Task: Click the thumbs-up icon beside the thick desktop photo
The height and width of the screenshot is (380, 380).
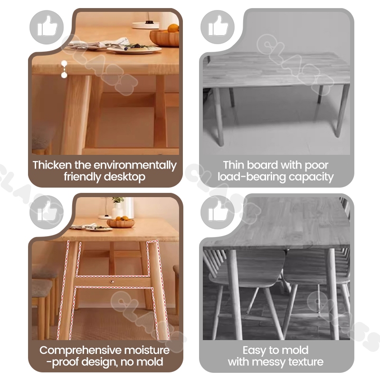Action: (x=47, y=27)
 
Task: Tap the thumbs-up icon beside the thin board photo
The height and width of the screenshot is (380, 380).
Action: (x=218, y=27)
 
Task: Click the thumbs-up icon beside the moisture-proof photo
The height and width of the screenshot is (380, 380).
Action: (x=47, y=212)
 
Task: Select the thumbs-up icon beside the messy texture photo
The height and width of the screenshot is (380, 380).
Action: (x=218, y=212)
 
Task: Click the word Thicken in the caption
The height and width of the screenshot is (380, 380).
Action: (x=52, y=165)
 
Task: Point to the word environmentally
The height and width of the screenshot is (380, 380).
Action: (x=135, y=165)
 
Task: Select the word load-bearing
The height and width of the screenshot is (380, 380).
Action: (x=252, y=177)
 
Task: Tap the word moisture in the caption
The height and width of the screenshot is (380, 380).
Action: (x=147, y=351)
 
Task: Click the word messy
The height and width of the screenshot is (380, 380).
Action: (x=268, y=362)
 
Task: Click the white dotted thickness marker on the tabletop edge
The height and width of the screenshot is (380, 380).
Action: (x=64, y=69)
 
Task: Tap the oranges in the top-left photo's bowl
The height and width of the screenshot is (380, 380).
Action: (x=173, y=28)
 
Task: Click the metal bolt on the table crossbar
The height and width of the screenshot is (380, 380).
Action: (x=112, y=282)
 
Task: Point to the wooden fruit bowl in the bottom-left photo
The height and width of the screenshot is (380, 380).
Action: (x=121, y=223)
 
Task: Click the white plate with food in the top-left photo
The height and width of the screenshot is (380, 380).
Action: (x=134, y=49)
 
